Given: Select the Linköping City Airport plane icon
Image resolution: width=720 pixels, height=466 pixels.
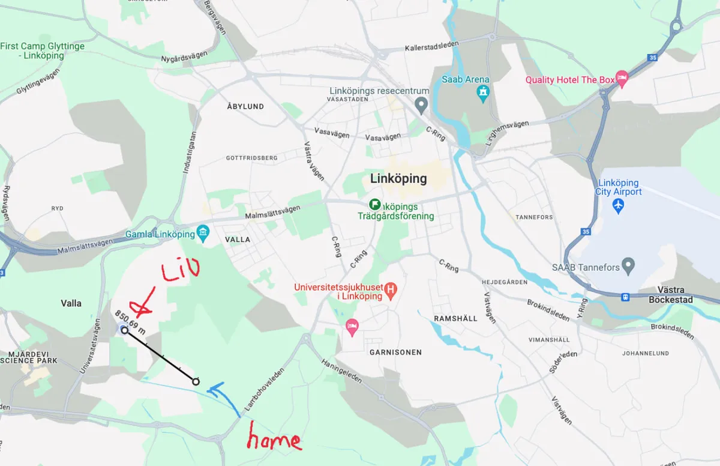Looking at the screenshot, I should (619, 205).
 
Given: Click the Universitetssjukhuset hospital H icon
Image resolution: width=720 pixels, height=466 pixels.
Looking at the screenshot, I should (391, 291).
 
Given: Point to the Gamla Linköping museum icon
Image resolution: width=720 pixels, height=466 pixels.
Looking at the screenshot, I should (203, 233).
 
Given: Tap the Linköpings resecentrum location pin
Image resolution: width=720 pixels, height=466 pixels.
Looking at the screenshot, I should (421, 106).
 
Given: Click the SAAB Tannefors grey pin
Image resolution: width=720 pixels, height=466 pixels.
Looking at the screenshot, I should (628, 265).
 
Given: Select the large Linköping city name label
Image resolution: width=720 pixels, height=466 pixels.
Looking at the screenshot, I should (398, 178).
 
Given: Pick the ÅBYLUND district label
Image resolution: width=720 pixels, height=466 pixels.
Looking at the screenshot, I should (245, 106).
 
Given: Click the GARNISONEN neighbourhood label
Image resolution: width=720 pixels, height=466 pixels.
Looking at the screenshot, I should (395, 353).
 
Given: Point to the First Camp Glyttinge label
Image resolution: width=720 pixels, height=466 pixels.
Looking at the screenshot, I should (42, 50).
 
